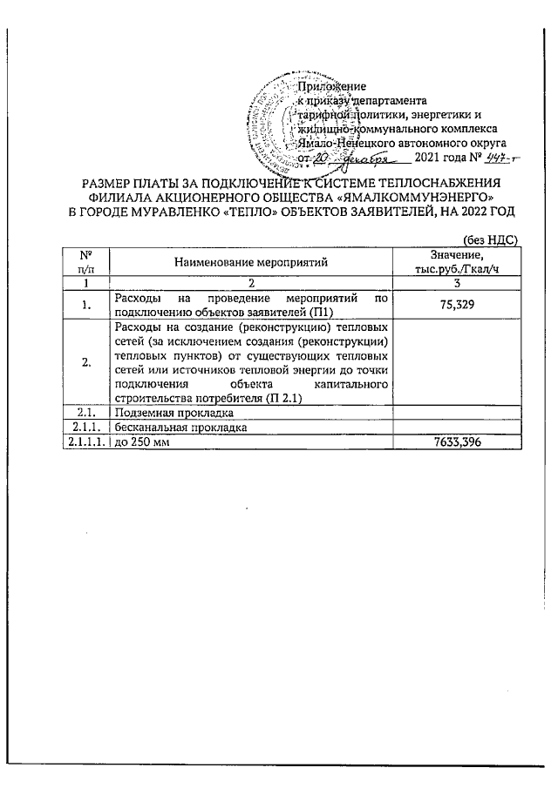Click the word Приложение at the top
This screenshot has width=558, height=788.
[x=331, y=86]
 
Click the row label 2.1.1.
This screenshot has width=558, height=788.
[x=86, y=428]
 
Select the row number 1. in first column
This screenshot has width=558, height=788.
[x=85, y=306]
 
